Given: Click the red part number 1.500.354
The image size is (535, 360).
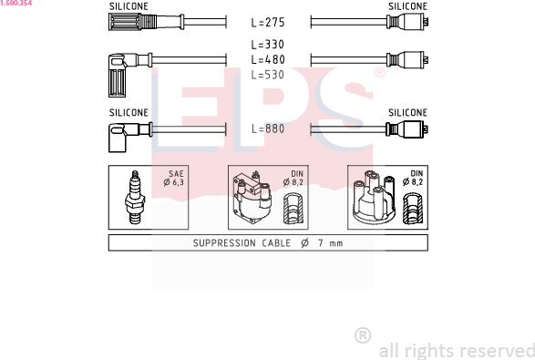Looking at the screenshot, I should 15,4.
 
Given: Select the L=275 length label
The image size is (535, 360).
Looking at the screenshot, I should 268,23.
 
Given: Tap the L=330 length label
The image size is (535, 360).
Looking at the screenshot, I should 268,45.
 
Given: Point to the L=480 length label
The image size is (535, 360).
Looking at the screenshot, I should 268,59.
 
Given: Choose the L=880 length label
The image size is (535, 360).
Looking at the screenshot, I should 268,129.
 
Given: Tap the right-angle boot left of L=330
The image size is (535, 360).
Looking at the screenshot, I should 119,71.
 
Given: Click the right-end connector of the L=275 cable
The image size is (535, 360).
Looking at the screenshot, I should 408,22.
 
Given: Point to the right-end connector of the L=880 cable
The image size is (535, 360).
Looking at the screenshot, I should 408,129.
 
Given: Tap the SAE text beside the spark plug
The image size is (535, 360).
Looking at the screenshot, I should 176,173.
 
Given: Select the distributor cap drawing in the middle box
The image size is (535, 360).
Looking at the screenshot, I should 252,197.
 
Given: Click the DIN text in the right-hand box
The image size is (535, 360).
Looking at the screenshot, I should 417,173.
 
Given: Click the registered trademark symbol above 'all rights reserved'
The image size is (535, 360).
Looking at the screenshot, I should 362,335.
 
